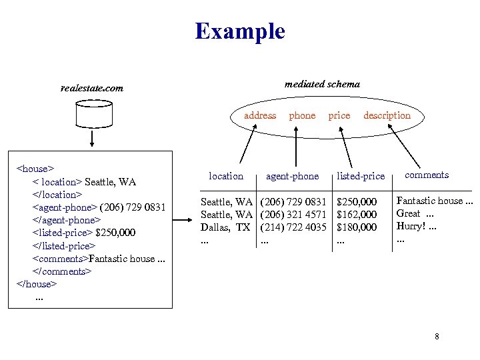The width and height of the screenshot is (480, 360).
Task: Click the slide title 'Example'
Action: (x=240, y=31)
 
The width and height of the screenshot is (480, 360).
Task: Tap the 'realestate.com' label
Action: (x=91, y=87)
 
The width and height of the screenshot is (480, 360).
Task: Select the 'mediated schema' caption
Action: (x=322, y=84)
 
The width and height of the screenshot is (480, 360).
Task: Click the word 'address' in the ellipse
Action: (x=260, y=115)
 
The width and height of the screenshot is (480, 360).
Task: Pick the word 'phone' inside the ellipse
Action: (x=302, y=115)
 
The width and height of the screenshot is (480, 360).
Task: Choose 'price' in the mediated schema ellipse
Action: (x=339, y=115)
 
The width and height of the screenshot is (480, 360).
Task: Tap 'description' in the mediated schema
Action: (x=387, y=115)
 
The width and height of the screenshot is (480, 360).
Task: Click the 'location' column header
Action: (x=226, y=176)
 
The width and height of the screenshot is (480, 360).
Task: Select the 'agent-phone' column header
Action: (x=292, y=176)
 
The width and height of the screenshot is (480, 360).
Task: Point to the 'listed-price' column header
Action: (x=361, y=176)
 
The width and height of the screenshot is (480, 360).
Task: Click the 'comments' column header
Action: (x=427, y=175)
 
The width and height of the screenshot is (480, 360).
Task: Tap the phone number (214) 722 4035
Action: (x=293, y=227)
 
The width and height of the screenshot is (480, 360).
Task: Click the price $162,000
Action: (x=357, y=215)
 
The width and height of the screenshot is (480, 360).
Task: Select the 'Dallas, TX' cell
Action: (x=226, y=227)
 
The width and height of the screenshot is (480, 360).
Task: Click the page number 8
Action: (x=437, y=337)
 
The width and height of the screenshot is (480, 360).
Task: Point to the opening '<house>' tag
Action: (x=35, y=169)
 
